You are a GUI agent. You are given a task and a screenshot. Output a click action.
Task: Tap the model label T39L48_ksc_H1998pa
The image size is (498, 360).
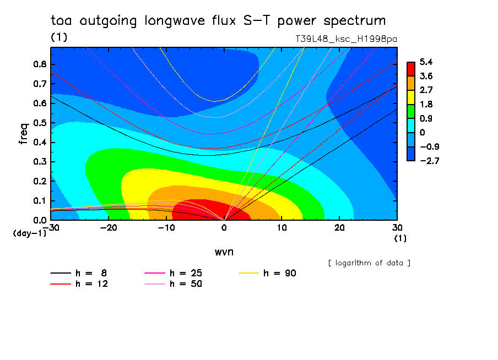coord(346,39)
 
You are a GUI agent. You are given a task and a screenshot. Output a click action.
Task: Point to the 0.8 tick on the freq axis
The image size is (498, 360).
coord(40,64)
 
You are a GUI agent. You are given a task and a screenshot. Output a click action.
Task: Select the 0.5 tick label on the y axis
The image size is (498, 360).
coord(40,123)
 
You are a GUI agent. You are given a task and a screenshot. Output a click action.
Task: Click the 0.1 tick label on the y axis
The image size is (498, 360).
coord(40,201)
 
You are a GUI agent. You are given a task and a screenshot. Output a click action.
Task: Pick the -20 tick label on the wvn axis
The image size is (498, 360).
coord(109,228)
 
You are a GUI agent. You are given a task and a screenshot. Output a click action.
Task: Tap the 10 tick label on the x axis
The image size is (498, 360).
coord(282,228)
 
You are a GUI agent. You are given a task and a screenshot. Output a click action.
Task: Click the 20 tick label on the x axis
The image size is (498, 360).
coord(339,228)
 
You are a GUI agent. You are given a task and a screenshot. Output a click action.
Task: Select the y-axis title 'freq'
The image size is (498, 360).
coord(23,134)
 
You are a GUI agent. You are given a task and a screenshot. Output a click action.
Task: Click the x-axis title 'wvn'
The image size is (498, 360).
coord(224,252)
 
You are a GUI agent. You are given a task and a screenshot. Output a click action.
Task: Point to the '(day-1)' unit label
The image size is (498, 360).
coord(30,233)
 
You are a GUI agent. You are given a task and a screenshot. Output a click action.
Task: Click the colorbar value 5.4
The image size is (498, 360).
coord(426,62)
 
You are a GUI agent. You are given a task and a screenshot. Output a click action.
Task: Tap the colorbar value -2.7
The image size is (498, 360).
coord(429,161)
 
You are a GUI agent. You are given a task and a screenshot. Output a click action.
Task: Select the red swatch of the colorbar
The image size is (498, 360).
coord(411,69)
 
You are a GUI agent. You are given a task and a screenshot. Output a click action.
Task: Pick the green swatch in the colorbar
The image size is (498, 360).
coord(411,111)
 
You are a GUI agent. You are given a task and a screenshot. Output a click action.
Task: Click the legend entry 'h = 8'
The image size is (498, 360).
coord(78,273)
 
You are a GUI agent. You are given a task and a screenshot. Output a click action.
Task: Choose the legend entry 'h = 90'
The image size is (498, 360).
coord(267,273)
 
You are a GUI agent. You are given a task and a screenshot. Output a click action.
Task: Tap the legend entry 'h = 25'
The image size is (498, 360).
coord(173,273)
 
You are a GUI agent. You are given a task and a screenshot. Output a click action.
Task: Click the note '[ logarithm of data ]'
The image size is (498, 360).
coord(369,263)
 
